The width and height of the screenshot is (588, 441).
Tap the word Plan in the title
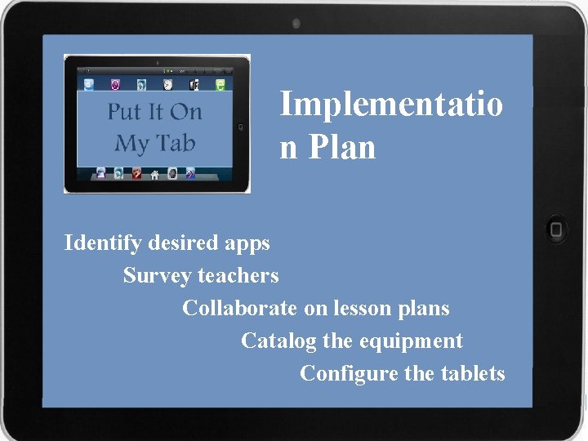point(342,148)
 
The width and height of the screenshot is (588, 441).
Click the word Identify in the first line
point(103,243)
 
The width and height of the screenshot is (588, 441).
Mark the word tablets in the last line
point(473,374)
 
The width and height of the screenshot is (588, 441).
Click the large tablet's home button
point(557,229)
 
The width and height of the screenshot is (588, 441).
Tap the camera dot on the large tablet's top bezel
point(296,24)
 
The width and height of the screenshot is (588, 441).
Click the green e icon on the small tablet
point(220,84)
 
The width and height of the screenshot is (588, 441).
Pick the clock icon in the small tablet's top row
point(168,84)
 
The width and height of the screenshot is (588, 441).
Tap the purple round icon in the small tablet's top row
point(115,84)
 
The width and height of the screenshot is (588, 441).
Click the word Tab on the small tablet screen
point(176,143)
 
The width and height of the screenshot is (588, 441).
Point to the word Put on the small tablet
point(123,111)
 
